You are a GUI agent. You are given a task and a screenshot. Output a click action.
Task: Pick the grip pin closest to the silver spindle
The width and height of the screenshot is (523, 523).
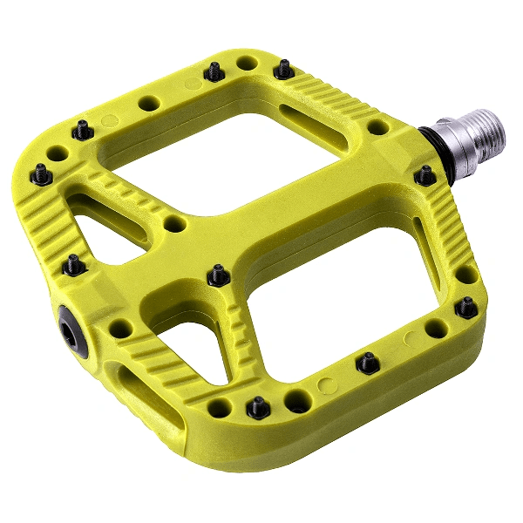[x=425, y=175]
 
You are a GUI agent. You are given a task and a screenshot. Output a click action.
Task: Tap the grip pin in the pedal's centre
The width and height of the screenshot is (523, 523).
[x=217, y=276]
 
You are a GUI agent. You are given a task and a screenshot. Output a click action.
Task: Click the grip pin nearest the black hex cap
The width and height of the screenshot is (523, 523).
[x=74, y=264]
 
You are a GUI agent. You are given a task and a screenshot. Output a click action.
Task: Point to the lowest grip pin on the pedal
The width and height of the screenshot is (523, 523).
[x=258, y=406]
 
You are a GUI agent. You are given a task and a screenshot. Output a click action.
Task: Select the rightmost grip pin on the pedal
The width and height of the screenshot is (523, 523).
[x=467, y=307]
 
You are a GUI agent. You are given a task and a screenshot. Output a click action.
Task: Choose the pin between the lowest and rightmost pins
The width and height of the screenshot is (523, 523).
[x=368, y=362]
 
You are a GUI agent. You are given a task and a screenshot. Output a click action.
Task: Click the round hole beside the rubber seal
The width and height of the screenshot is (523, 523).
[x=377, y=127]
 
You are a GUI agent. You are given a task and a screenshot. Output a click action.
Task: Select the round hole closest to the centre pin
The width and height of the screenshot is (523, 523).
[x=175, y=224]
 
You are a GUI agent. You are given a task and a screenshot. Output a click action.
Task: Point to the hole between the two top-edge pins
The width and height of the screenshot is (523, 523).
[x=248, y=64]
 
